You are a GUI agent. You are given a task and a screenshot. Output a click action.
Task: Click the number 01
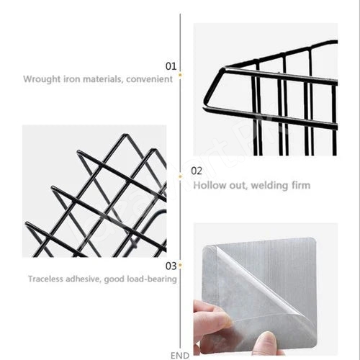click(171, 66)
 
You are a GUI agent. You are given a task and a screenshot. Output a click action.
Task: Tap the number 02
click(197, 171)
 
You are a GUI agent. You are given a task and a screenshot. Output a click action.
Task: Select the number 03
click(171, 266)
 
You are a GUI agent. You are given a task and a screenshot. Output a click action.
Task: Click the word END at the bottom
click(180, 356)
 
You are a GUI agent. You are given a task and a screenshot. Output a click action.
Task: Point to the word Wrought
click(42, 79)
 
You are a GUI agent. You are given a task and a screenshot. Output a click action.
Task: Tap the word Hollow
click(210, 185)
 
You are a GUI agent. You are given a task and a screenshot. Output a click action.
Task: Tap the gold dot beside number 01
click(180, 75)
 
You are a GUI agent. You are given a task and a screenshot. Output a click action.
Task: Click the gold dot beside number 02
click(180, 177)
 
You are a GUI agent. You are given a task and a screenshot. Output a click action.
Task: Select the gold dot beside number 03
click(180, 265)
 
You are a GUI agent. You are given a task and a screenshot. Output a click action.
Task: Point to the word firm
click(301, 185)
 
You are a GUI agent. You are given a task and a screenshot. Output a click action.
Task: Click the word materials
click(103, 79)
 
